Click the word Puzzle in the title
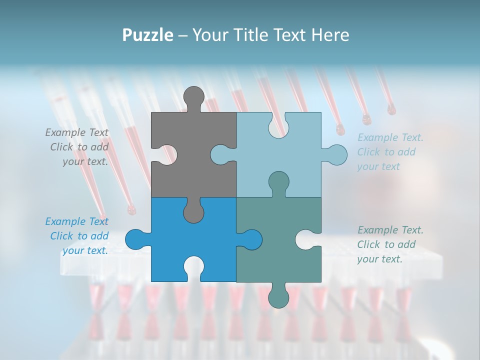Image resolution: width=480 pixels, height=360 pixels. (147, 35)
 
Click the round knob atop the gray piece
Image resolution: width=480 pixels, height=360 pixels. (194, 97)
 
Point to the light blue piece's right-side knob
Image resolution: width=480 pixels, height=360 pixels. (336, 154)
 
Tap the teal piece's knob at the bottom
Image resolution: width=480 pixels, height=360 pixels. (278, 297)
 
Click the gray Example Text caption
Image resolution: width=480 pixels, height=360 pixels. (77, 147)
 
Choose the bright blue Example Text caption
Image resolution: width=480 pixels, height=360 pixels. (77, 236)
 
